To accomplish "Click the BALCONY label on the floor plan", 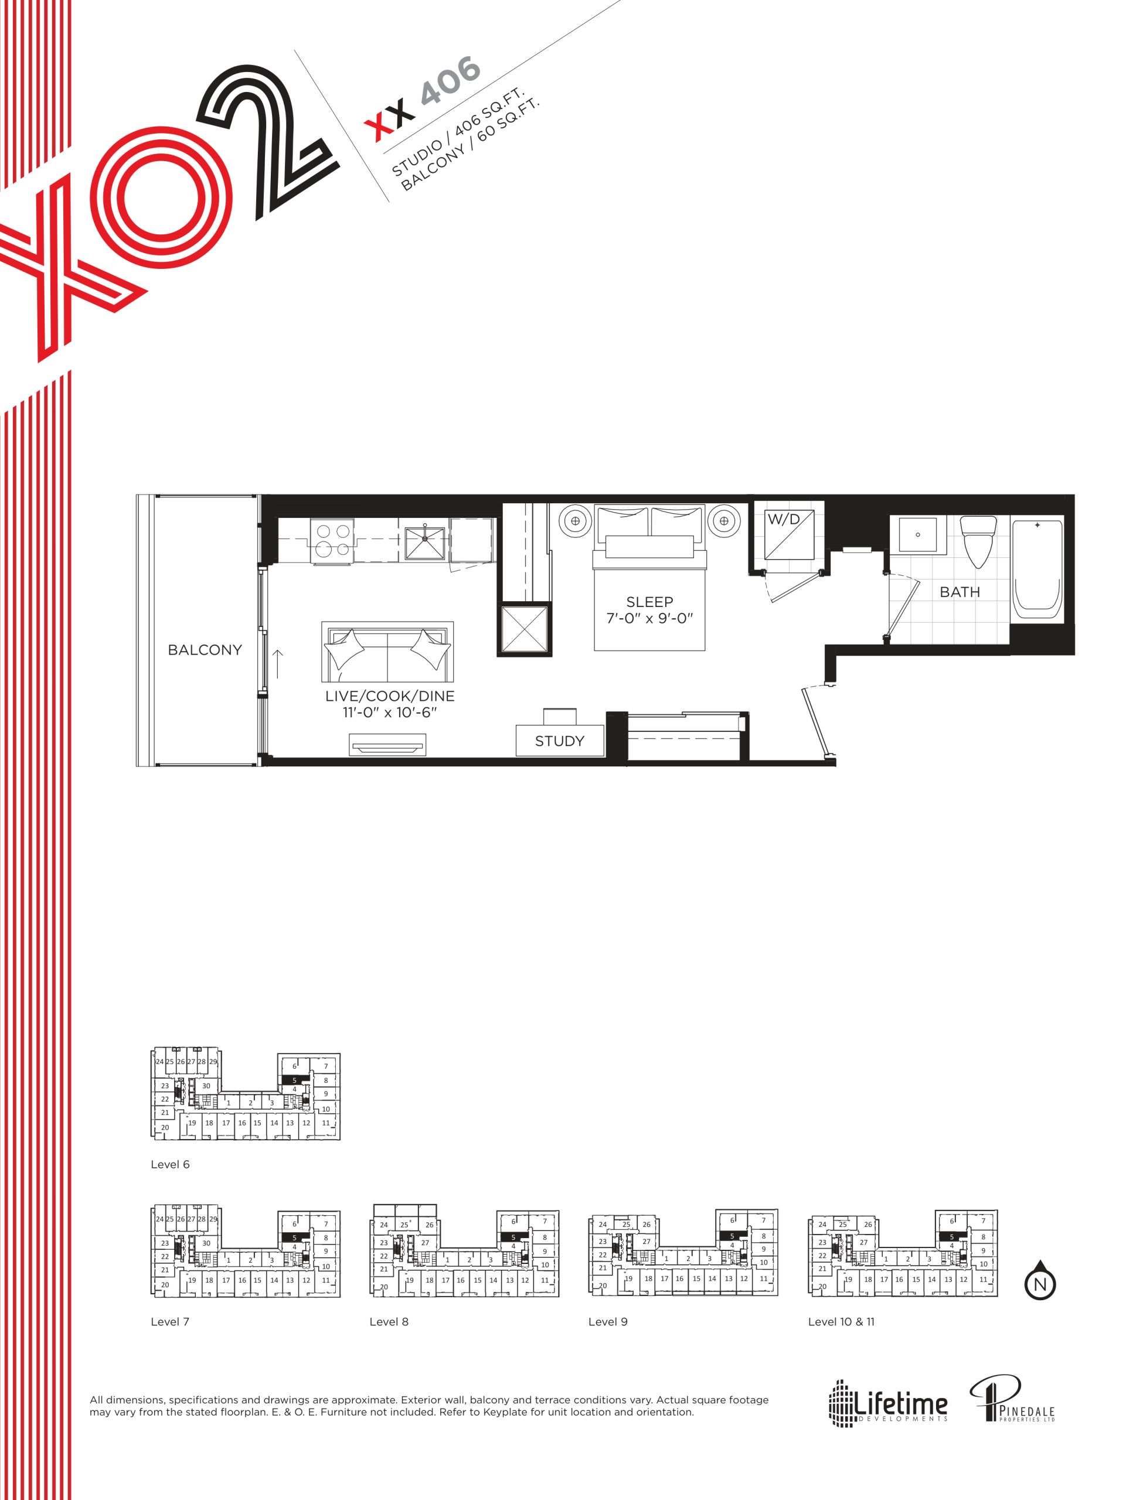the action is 204,650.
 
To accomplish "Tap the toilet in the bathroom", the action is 978,542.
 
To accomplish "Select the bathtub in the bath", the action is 1036,569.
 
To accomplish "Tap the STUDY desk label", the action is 559,741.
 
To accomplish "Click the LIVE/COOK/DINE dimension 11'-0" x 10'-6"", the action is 389,712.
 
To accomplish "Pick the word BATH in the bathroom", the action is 959,592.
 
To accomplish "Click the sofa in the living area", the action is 387,652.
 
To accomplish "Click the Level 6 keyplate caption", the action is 169,1164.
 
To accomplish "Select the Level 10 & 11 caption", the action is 841,1322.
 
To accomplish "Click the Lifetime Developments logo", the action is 887,1402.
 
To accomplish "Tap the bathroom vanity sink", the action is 917,535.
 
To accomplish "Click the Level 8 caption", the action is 389,1322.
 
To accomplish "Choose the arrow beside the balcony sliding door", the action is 277,664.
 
